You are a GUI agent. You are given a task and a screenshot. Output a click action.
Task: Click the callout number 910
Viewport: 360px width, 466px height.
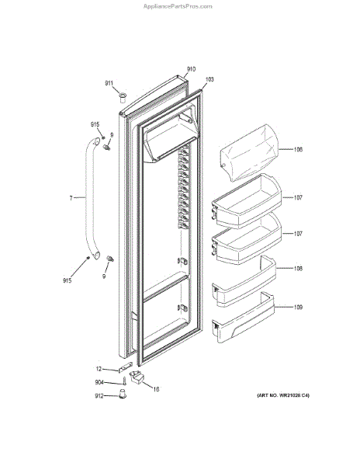pyautogui.click(x=191, y=69)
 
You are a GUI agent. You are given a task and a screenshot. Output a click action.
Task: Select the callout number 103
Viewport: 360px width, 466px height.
pyautogui.click(x=209, y=79)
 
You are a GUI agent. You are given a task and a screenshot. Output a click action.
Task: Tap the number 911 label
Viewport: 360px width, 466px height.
pyautogui.click(x=109, y=84)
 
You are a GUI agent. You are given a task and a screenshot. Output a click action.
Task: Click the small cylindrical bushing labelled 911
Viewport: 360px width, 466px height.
pyautogui.click(x=123, y=98)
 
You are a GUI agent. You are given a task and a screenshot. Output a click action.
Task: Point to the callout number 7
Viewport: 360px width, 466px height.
pyautogui.click(x=71, y=197)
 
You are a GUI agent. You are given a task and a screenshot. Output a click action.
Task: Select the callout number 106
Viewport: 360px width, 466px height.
pyautogui.click(x=298, y=149)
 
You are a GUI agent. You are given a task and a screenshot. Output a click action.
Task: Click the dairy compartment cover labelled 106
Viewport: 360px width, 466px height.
pyautogui.click(x=250, y=152)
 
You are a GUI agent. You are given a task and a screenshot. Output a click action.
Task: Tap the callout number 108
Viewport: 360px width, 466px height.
pyautogui.click(x=298, y=269)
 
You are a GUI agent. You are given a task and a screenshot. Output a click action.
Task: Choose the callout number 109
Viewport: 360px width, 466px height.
pyautogui.click(x=298, y=307)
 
